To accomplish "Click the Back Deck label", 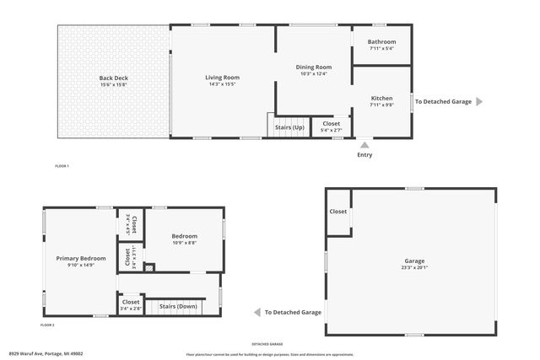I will coord(113,78).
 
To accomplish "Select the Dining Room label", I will coord(313,67).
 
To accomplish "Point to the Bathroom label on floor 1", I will coord(381,42).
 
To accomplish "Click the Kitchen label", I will coord(381,98).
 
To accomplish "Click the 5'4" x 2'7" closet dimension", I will coord(332,131).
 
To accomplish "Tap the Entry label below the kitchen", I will coord(364,154).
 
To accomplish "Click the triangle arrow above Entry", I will coord(364,144).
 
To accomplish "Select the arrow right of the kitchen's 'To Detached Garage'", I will coord(479,101).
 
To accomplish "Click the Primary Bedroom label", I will coord(81,258).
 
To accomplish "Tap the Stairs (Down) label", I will coord(178,306).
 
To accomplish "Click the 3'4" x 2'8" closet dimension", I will coord(131,309).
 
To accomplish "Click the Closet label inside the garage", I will coord(338,212).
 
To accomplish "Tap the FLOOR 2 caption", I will coord(47,325).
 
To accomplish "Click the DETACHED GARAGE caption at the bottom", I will coord(267,343).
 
